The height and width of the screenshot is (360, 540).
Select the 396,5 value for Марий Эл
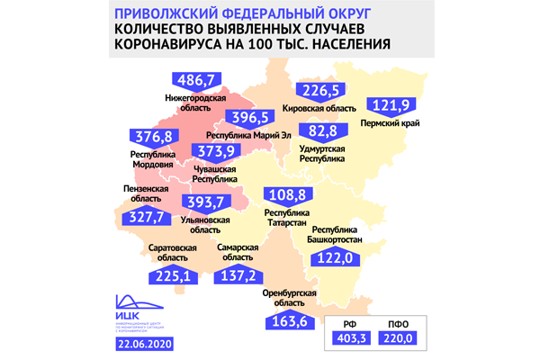click(x=231, y=119)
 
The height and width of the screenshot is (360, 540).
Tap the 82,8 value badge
click(x=323, y=132)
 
